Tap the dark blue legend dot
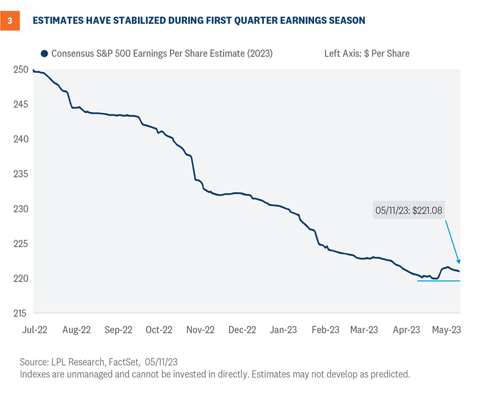point(44,53)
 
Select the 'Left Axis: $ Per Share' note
point(366,53)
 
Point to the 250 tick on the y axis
point(20,70)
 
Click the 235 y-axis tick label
point(20,174)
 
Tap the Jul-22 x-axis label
point(35,329)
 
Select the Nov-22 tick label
point(200,329)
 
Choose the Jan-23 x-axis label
point(283,329)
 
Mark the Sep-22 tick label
point(118,329)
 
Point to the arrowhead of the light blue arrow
point(459,262)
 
